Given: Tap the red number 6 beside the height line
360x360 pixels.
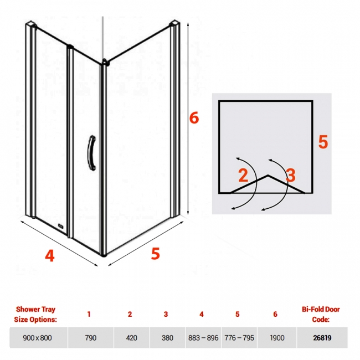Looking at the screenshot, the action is [194, 118].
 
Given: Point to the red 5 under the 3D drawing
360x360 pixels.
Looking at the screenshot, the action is [155, 254].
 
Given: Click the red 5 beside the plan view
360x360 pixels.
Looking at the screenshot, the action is [323, 142].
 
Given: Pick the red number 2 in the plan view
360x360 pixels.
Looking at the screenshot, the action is [243, 175].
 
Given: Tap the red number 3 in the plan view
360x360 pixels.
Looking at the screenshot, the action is [291, 175].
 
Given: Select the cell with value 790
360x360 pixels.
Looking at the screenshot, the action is [91, 338].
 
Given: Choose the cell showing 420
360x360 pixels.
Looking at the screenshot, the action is [132, 338].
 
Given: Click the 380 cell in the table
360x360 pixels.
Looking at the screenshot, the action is [167, 338].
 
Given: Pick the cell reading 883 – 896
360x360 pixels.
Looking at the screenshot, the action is [203, 338].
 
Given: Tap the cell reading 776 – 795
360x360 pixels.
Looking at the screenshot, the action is [239, 338].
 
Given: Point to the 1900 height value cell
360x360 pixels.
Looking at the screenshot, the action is [277, 338].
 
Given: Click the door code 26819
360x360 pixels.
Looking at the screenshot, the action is [322, 338].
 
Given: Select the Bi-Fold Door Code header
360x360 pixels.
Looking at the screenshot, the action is [321, 315].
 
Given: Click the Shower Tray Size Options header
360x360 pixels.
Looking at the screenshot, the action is [35, 315].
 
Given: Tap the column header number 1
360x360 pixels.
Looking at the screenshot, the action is [89, 314].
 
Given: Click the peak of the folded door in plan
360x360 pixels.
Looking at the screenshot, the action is [268, 176].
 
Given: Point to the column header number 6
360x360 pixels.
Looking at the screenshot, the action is [275, 314].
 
